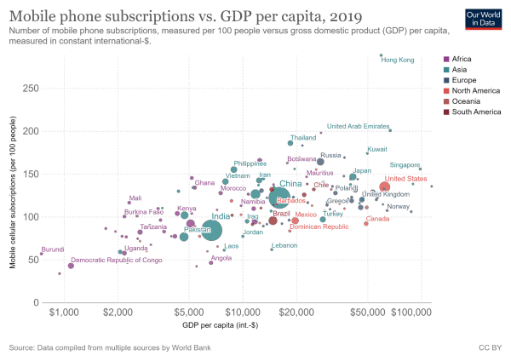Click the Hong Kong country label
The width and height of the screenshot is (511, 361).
397,60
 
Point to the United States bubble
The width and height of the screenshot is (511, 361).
384,186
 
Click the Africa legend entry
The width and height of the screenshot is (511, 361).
463,58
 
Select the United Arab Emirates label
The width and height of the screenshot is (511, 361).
358,126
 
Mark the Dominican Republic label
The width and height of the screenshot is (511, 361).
319,226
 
